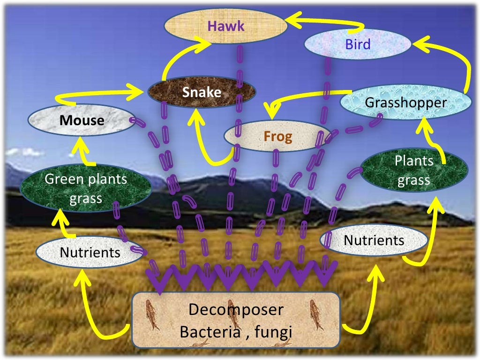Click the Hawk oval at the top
click(225, 26)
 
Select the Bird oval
click(358, 45)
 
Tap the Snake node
click(202, 92)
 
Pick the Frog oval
click(277, 136)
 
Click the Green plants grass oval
click(86, 188)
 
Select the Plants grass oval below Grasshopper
click(414, 170)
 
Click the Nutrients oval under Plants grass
click(374, 240)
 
